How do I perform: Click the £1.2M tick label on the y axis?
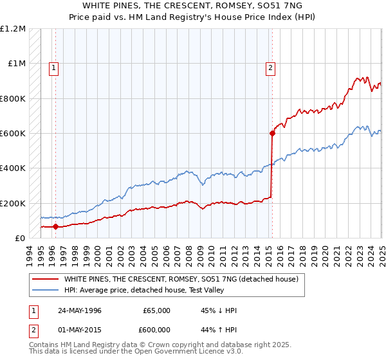click(x=13, y=29)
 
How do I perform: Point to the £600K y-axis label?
click(x=13, y=134)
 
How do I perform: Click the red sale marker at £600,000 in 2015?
click(x=272, y=134)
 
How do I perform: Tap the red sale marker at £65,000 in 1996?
click(x=55, y=226)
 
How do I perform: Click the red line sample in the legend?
click(x=44, y=280)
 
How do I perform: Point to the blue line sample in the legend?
click(x=44, y=291)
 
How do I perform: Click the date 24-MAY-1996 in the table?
click(x=80, y=310)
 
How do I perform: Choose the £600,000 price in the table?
click(x=157, y=330)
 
